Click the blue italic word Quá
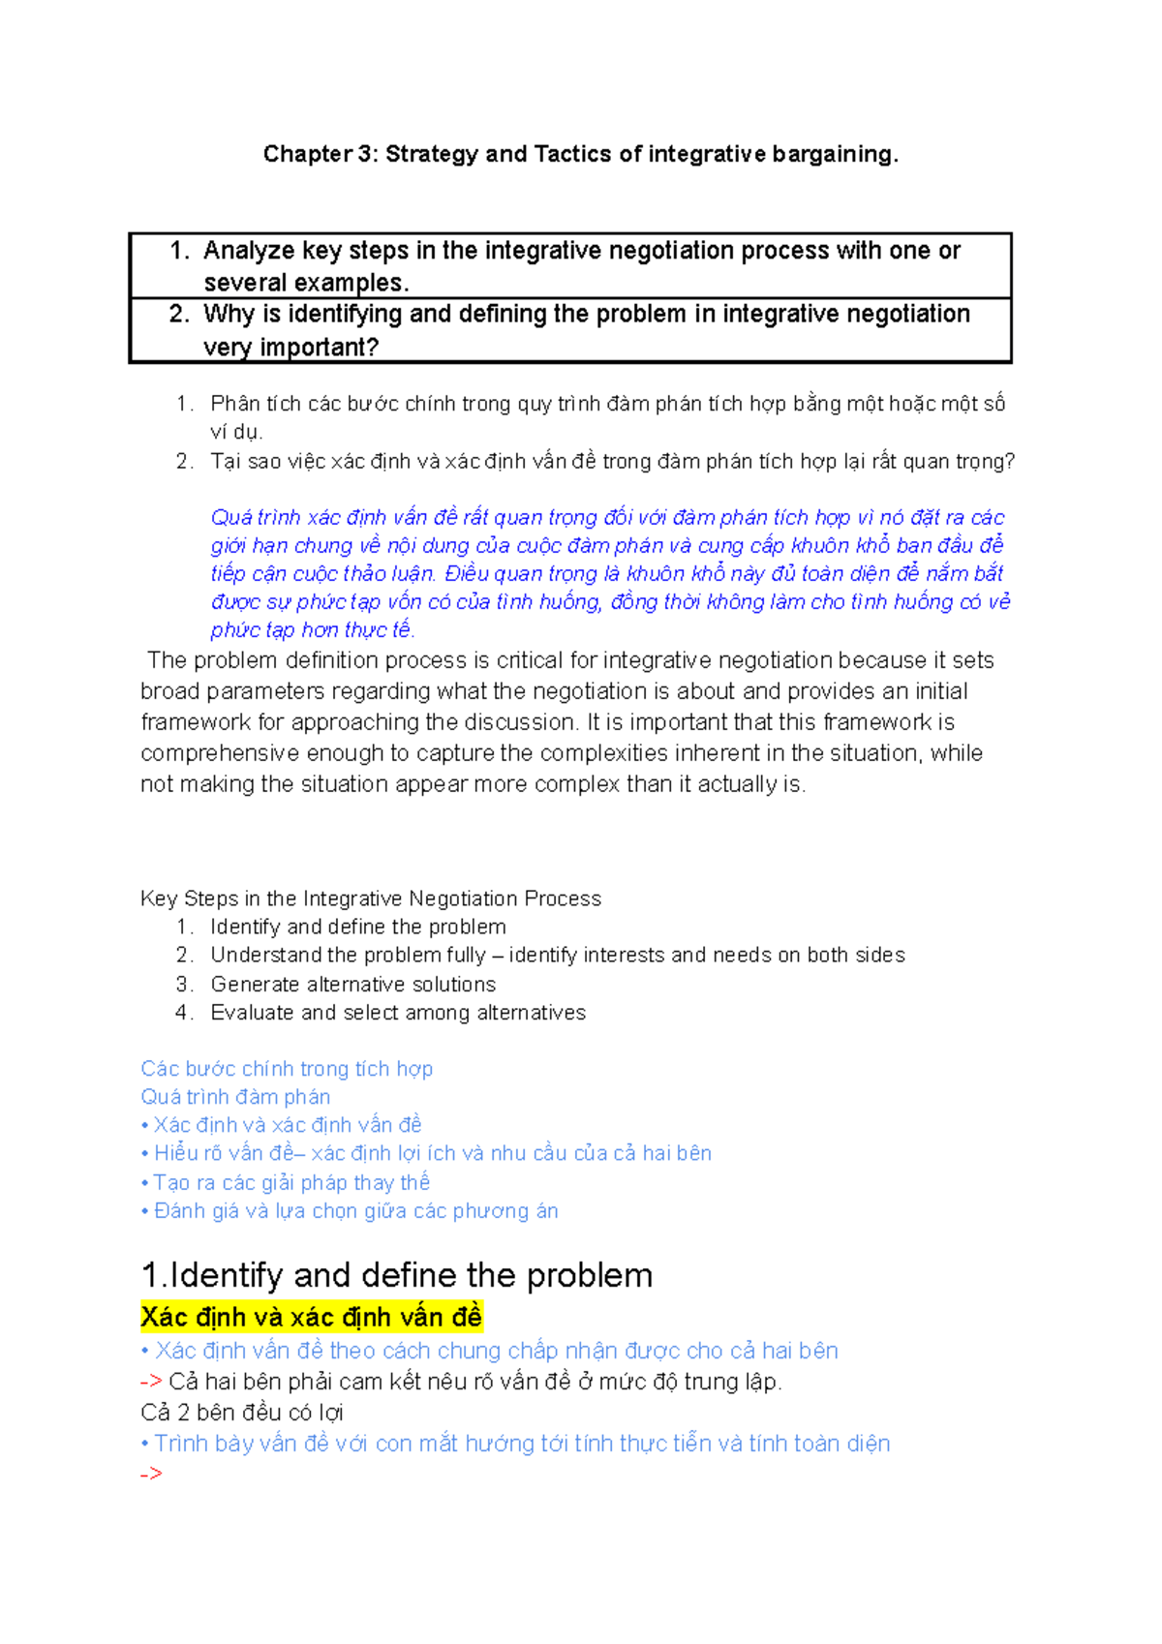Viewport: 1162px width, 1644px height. coord(230,517)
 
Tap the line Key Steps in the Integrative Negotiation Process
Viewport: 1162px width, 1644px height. coord(370,898)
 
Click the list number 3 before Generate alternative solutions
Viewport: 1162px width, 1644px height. coord(183,985)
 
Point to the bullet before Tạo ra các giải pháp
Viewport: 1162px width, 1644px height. coord(144,1183)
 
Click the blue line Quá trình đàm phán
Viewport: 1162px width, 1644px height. coord(235,1097)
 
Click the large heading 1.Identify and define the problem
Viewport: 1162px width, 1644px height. coord(396,1275)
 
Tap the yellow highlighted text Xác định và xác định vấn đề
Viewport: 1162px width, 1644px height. coord(311,1317)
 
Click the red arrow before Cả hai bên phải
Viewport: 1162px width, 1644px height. coord(150,1382)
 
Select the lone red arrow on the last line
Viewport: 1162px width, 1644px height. coord(150,1475)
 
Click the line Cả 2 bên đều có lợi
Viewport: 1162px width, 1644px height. coord(241,1413)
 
